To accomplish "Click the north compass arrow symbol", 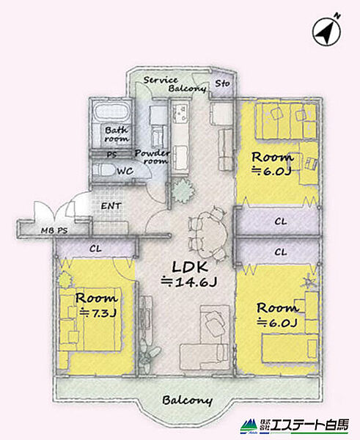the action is point(326,32).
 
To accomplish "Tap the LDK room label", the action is point(190,267).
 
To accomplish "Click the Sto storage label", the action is point(222,84).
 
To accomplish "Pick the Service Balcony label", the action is point(175,84).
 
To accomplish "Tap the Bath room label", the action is point(117,134).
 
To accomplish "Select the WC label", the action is point(125,171).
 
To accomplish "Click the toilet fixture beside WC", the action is point(103,170).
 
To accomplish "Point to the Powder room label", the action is point(153,157).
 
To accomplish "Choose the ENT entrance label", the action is point(111,206).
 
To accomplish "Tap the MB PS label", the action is point(54,231).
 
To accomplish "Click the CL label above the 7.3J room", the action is point(95,249).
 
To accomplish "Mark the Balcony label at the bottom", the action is point(187,400).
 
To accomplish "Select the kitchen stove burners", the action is point(180,112).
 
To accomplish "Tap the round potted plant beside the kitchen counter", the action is point(183,191).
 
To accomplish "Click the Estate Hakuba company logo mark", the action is point(249,426).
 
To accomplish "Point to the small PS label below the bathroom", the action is point(112,155).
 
